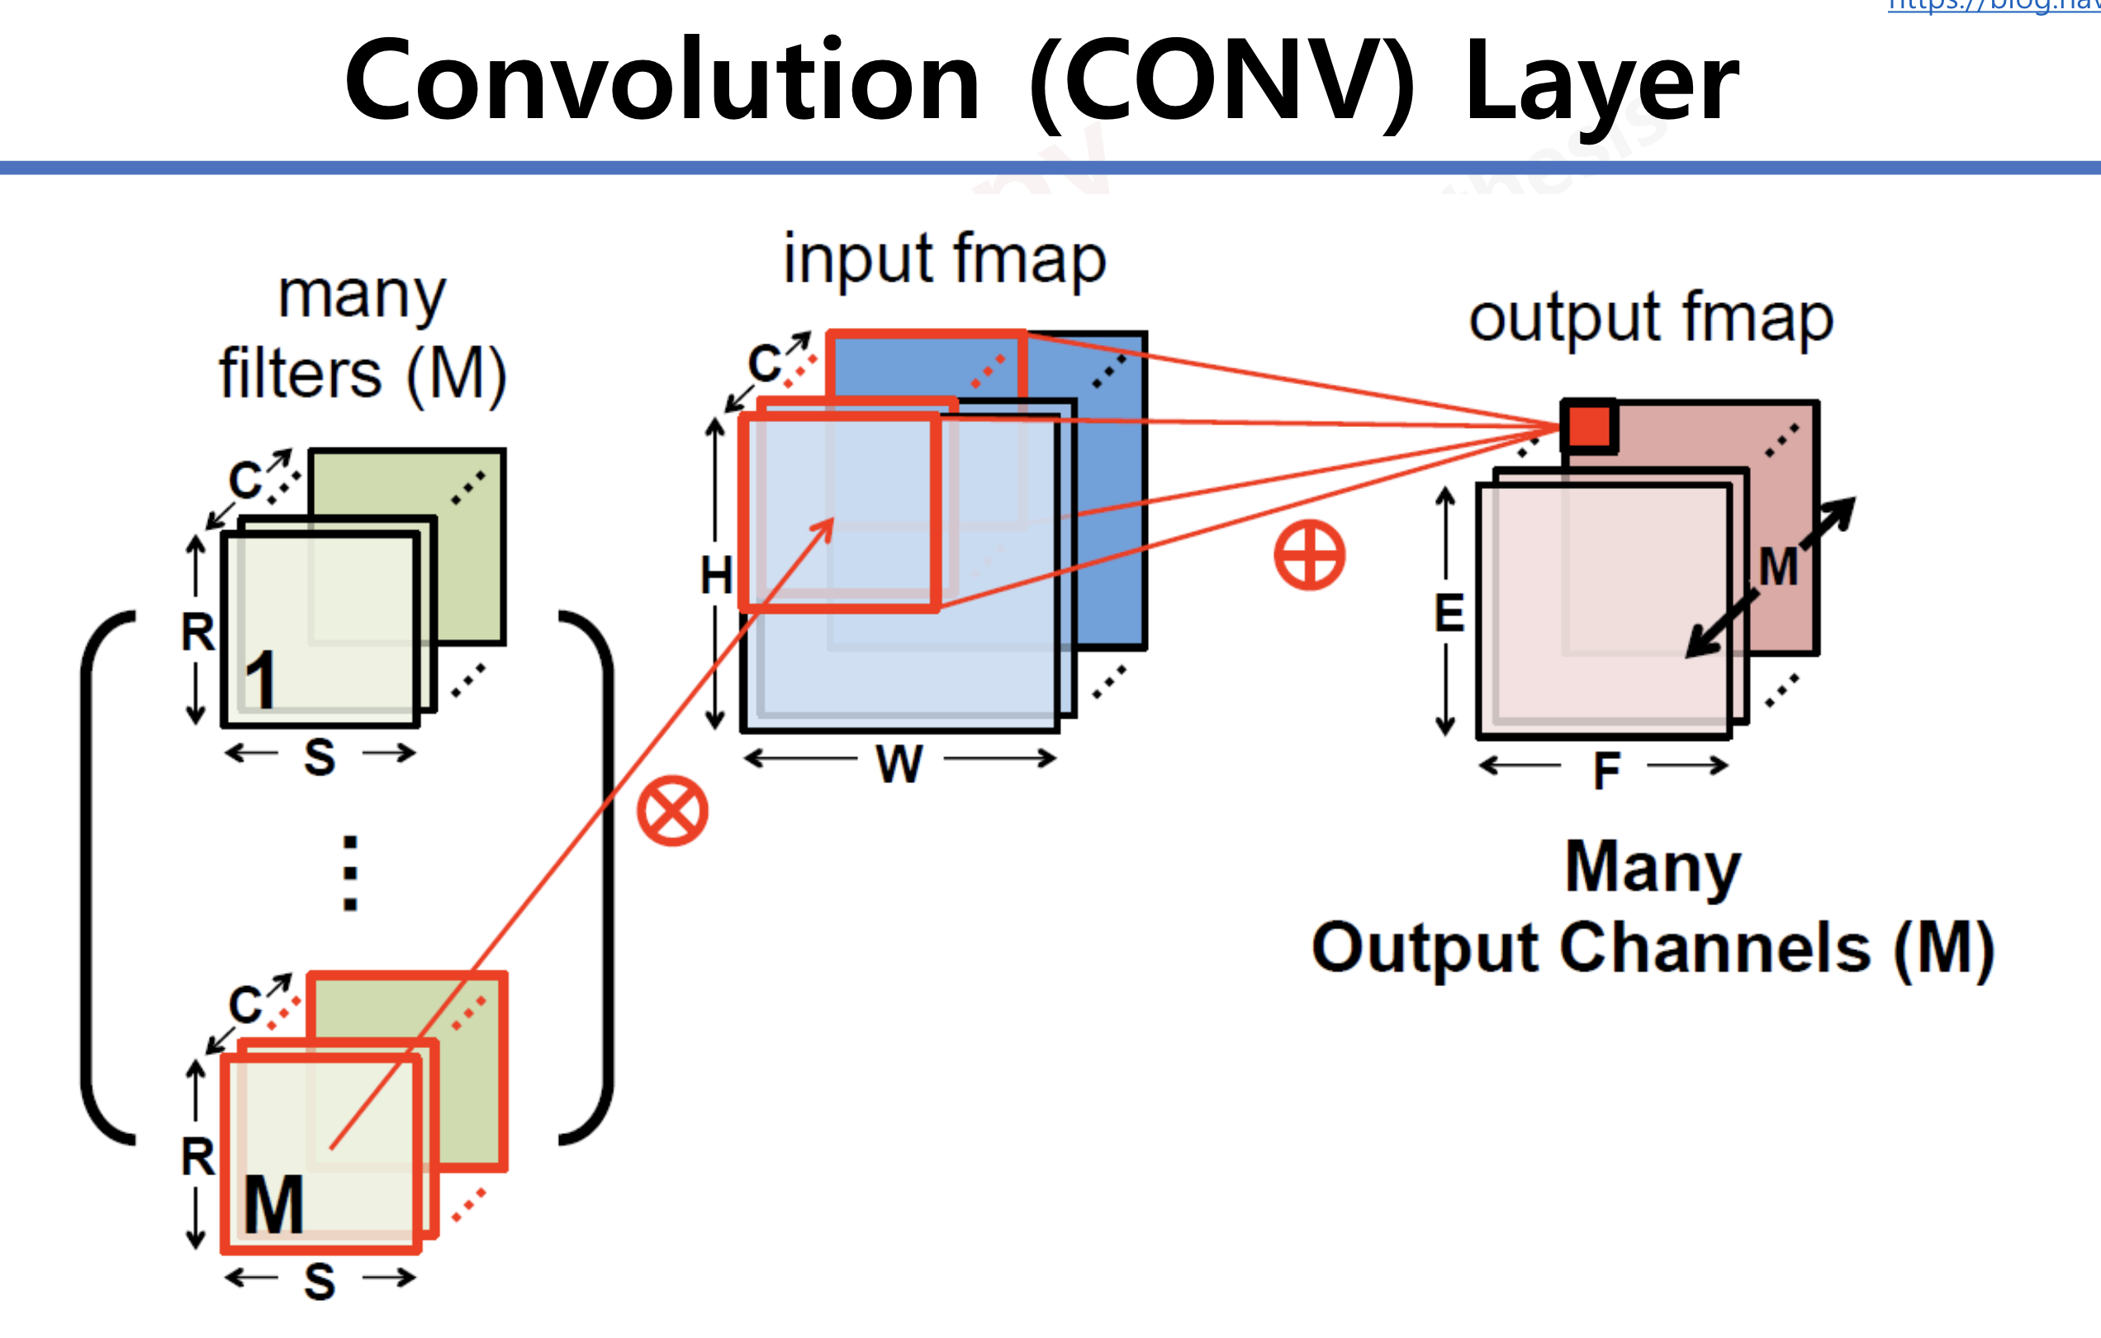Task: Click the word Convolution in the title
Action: click(663, 81)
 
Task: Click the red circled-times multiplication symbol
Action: click(671, 811)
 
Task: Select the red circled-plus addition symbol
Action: click(1309, 555)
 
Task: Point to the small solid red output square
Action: click(1589, 427)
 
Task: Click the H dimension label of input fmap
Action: click(716, 576)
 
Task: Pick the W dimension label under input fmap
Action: click(899, 765)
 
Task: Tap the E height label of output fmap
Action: click(1449, 613)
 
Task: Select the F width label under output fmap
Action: click(1606, 771)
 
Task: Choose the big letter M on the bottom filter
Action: click(274, 1205)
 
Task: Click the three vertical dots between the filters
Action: click(350, 874)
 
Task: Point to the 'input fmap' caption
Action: click(944, 259)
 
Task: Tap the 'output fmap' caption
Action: click(1651, 319)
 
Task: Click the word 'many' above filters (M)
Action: click(361, 296)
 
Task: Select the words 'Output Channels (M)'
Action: click(1653, 948)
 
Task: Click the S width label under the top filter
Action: click(320, 757)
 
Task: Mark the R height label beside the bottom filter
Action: click(198, 1157)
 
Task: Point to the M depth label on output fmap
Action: click(1778, 567)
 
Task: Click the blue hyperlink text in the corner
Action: click(1994, 5)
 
